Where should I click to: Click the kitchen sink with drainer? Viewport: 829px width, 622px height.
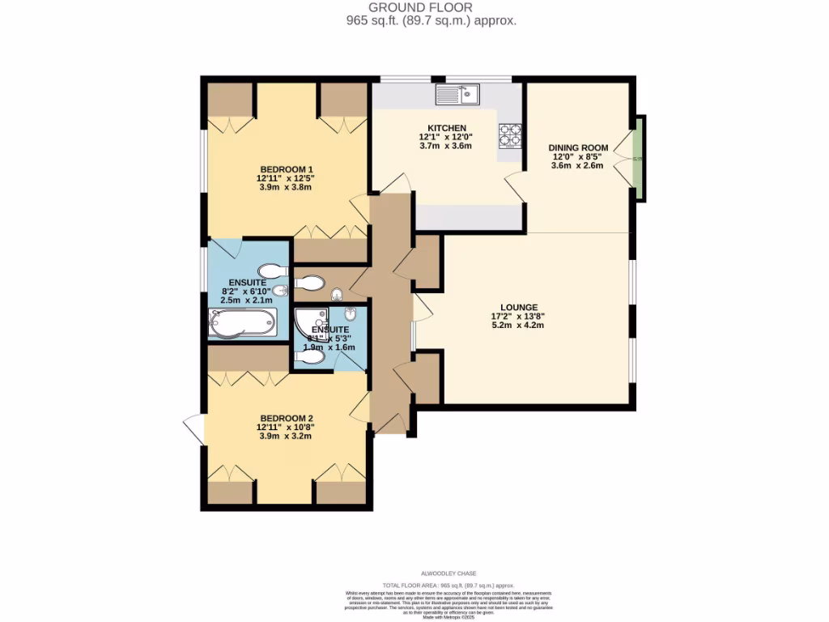pyautogui.click(x=457, y=96)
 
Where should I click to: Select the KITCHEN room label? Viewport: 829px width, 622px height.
pyautogui.click(x=447, y=128)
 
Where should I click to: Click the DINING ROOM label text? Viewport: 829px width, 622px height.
pyautogui.click(x=578, y=147)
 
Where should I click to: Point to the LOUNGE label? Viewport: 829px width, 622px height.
pyautogui.click(x=519, y=307)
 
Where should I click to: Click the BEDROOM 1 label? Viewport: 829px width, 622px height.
pyautogui.click(x=286, y=168)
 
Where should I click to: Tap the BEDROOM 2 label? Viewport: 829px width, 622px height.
pyautogui.click(x=286, y=418)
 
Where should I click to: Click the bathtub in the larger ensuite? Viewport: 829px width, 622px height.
pyautogui.click(x=242, y=322)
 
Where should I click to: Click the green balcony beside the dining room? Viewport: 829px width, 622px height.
pyautogui.click(x=640, y=159)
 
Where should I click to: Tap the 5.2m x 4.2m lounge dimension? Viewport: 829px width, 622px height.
pyautogui.click(x=519, y=326)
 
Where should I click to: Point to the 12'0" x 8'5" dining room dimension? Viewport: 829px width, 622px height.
pyautogui.click(x=578, y=157)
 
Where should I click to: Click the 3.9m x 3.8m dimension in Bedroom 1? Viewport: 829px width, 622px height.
pyautogui.click(x=286, y=187)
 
